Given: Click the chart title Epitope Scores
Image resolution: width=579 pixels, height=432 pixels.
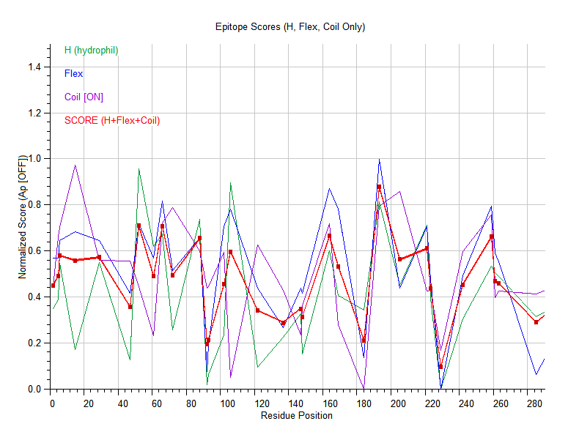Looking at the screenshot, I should click(x=290, y=27).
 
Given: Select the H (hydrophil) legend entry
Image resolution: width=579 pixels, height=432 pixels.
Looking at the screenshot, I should click(x=91, y=51).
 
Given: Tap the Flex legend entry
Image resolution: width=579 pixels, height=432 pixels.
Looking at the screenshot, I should click(x=73, y=74).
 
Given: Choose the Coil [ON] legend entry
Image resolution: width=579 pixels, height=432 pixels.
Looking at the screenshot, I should click(x=84, y=97).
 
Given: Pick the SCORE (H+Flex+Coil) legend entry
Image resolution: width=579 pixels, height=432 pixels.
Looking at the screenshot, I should click(x=111, y=121).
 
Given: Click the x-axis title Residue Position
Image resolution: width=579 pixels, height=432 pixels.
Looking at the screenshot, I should click(x=296, y=416).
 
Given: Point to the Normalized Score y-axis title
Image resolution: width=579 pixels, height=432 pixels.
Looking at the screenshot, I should click(x=23, y=217).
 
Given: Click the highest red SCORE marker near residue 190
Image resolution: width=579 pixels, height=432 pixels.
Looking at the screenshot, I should click(x=379, y=187).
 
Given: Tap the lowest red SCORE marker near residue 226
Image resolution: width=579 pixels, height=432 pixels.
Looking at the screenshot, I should click(x=440, y=366).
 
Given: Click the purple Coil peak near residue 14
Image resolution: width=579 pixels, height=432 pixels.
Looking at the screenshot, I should click(x=75, y=165).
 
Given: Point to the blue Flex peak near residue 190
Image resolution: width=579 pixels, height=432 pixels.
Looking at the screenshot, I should click(x=379, y=160).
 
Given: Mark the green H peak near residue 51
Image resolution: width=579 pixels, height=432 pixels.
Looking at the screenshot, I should click(x=139, y=170).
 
